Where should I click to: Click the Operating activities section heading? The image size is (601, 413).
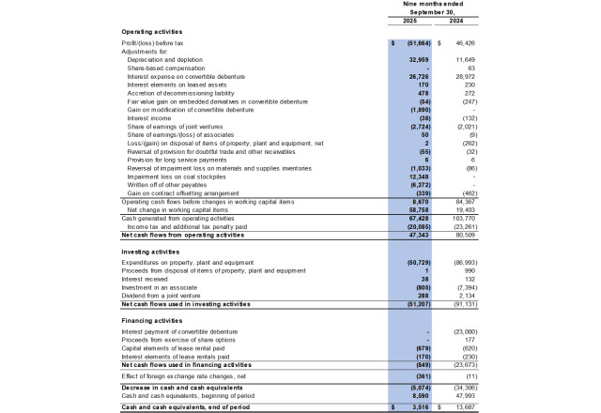[x=150, y=33]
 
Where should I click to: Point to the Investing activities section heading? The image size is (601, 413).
[x=149, y=253]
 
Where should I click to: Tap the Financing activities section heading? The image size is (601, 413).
[x=151, y=320]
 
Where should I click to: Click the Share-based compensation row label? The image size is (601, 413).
[x=165, y=68]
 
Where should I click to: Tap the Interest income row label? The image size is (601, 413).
[x=147, y=118]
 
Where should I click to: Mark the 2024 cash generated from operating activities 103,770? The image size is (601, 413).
[x=461, y=219]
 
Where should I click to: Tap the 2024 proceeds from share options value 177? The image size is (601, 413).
[x=468, y=339]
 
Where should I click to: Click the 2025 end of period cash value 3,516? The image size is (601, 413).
[x=420, y=406]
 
